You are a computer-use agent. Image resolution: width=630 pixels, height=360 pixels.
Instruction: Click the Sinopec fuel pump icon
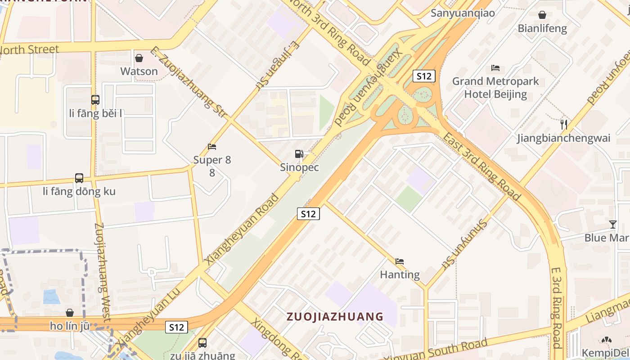click(x=299, y=154)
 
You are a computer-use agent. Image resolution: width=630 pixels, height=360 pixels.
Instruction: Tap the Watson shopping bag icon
click(x=139, y=58)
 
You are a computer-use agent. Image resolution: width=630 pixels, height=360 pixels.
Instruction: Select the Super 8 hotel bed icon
click(x=212, y=147)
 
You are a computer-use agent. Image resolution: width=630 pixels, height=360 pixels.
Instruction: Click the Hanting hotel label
click(x=400, y=274)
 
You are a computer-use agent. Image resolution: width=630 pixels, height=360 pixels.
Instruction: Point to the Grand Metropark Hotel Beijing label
click(x=495, y=88)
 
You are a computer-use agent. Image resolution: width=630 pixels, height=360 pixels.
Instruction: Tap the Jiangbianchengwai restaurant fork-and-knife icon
click(x=563, y=124)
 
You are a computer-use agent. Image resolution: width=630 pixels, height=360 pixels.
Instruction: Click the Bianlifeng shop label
click(x=542, y=28)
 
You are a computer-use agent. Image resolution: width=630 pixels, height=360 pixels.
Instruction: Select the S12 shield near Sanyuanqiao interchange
click(x=424, y=76)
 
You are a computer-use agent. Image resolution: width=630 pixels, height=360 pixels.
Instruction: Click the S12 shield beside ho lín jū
click(x=176, y=327)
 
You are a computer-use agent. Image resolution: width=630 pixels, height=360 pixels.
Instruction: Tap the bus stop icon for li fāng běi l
click(x=95, y=100)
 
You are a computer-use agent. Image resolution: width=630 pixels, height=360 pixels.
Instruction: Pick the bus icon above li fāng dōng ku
click(x=79, y=178)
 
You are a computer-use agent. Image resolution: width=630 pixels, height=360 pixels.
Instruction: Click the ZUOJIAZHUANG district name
click(x=335, y=316)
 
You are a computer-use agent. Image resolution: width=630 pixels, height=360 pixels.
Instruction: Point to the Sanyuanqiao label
click(x=463, y=13)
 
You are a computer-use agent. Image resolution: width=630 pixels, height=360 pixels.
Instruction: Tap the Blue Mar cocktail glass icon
click(x=612, y=224)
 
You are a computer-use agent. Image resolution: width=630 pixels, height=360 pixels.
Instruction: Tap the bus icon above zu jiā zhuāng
click(x=202, y=343)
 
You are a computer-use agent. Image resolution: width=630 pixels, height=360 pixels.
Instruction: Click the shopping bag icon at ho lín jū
click(x=70, y=312)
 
